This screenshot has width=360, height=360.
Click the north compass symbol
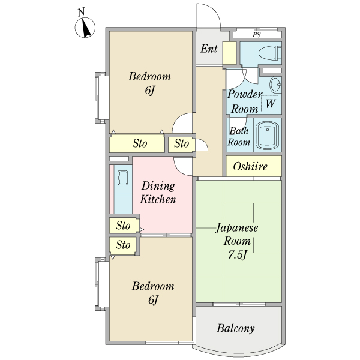[x=85, y=28]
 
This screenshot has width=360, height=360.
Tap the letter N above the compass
[x=81, y=12]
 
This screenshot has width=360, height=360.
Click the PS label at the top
[x=257, y=35]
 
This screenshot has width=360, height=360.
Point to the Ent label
[x=209, y=49]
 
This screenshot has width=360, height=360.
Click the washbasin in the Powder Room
[x=275, y=84]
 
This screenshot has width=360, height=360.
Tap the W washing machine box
[x=270, y=103]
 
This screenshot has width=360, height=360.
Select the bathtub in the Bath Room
[x=268, y=136]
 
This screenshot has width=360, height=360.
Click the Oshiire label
[x=250, y=166]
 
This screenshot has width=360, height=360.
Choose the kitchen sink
[x=123, y=178]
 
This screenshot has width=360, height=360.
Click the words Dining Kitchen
[x=158, y=193]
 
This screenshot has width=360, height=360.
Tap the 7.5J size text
[x=238, y=254]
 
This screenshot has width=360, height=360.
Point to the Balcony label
[x=236, y=328]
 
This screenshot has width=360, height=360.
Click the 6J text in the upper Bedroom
[x=149, y=90]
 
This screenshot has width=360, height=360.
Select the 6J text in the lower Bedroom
[x=153, y=300]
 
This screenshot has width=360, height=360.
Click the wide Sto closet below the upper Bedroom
[x=137, y=144]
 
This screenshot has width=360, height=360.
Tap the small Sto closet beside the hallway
[x=182, y=144]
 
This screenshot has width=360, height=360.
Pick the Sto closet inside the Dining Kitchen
[x=124, y=225]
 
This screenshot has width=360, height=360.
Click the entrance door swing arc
[x=214, y=11]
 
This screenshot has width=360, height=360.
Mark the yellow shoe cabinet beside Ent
[x=230, y=53]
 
